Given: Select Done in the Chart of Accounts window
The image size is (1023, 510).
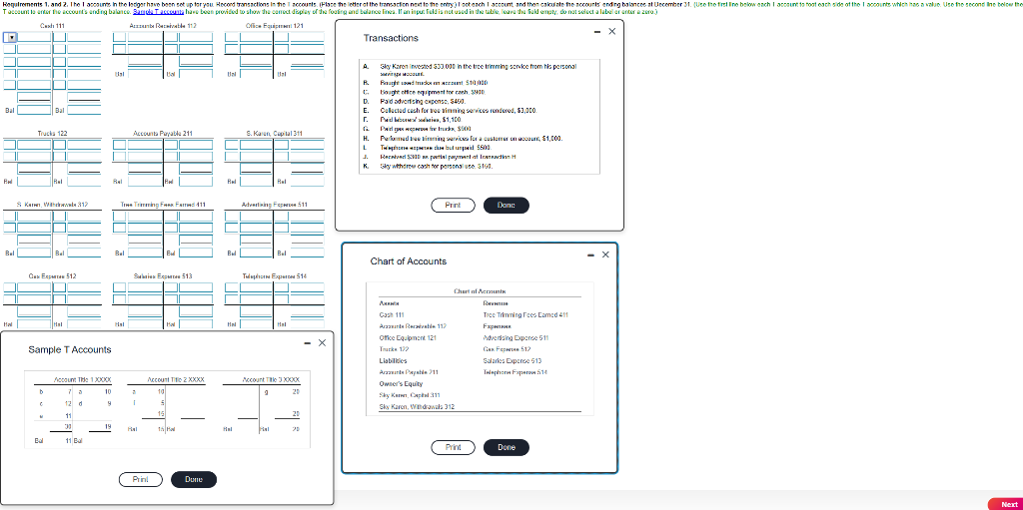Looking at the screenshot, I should click(507, 447).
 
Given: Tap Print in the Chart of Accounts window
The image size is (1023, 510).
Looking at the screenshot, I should click(454, 447).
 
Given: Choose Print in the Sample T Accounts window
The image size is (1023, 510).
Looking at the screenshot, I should click(141, 479).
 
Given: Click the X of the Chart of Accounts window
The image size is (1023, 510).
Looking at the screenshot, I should click(605, 255).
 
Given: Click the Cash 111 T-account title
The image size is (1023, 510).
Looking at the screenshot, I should click(53, 24).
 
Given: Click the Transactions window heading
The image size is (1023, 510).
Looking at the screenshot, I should click(391, 38).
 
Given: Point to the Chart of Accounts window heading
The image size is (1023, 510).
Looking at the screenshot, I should click(409, 261).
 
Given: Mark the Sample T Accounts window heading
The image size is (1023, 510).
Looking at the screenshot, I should click(70, 349).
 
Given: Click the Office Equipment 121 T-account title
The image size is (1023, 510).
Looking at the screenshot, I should click(268, 24).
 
